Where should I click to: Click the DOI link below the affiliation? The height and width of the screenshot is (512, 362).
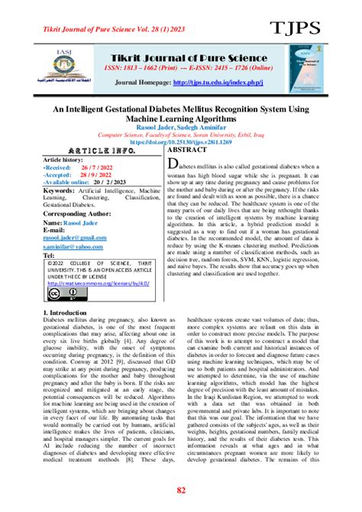181,141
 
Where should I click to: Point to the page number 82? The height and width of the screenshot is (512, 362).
181,490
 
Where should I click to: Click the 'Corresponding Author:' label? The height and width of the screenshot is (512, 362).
79,215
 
